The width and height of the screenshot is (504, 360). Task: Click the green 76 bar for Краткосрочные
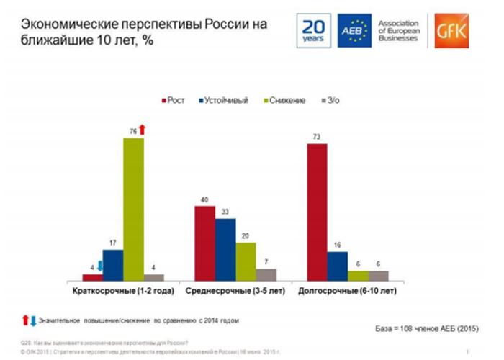coord(133,208)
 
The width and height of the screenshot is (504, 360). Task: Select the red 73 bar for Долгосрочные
coord(318,212)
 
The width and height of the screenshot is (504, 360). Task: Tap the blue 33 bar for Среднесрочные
coord(225,248)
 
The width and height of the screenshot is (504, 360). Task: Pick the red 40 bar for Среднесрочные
coord(204,242)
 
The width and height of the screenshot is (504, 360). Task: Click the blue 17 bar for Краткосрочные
coord(113,264)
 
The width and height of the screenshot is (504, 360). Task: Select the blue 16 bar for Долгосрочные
coord(338,265)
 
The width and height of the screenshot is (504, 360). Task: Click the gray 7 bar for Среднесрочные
coord(266,274)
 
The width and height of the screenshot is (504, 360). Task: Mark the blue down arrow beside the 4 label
coord(101,267)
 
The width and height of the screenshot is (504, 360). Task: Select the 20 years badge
coord(313,30)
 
